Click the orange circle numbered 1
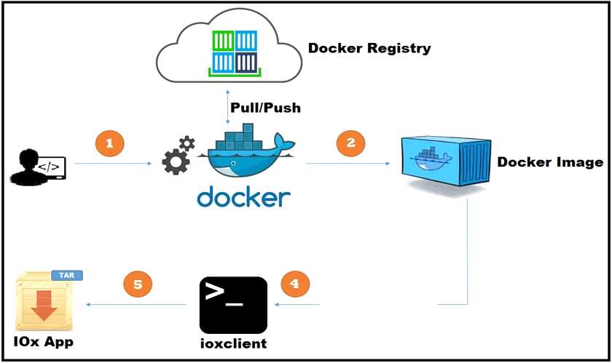tap(109, 143)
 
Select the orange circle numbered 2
tap(350, 143)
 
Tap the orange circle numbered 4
tap(294, 283)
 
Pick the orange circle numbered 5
tap(136, 283)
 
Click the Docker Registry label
tap(369, 49)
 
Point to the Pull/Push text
tap(265, 108)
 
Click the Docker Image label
tap(550, 161)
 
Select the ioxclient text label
tap(232, 343)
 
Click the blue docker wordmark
tap(243, 197)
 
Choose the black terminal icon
tap(232, 305)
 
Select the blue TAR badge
tap(67, 276)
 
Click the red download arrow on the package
tap(44, 306)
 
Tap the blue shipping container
tap(441, 161)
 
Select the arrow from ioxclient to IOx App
tap(135, 304)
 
